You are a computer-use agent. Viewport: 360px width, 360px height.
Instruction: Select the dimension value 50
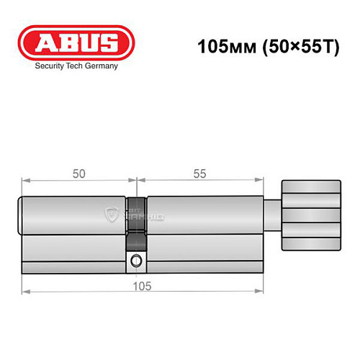tap(78, 174)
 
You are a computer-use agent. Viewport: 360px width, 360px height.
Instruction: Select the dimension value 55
tap(199, 174)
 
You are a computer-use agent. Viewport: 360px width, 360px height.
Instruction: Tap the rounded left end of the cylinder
tap(22, 214)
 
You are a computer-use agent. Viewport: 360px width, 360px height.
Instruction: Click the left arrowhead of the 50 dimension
tap(25, 181)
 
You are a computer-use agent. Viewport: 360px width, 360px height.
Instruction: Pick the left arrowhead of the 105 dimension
tap(25, 292)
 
